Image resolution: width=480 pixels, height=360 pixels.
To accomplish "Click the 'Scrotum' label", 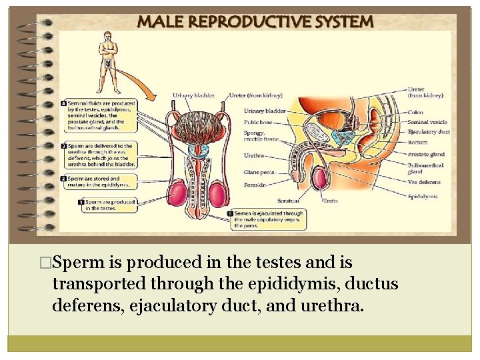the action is tap(289, 199).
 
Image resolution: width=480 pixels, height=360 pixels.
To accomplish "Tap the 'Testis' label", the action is tap(331, 200).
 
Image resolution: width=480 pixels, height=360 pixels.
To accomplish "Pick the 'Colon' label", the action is tap(415, 113).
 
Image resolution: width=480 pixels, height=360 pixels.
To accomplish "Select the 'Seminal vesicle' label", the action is tap(427, 122).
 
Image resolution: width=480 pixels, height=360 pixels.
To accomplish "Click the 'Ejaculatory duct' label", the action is tap(429, 132).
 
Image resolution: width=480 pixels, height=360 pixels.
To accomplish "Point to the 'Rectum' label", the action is tap(417, 141).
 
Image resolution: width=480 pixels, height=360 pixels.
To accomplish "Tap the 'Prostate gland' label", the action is tap(426, 155).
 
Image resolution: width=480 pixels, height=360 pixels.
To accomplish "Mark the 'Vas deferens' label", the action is tap(423, 182).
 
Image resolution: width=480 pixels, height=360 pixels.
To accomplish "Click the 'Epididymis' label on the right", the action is tap(423, 197).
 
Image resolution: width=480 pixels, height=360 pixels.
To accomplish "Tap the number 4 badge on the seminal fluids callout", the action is tap(63, 104).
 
